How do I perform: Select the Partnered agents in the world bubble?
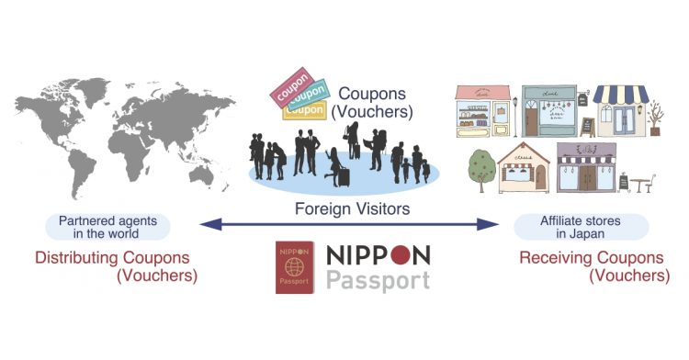(x=101, y=227)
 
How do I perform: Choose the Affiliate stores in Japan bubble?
(x=582, y=227)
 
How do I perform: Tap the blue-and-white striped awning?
(x=620, y=96)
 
